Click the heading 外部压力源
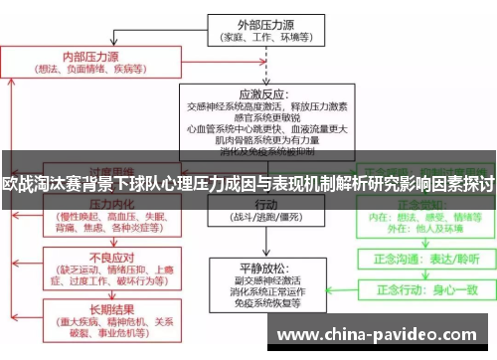(x=262, y=23)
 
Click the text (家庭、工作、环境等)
(x=262, y=37)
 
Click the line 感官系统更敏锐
(x=266, y=115)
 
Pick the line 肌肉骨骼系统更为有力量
(x=266, y=140)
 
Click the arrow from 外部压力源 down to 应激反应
(x=263, y=62)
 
